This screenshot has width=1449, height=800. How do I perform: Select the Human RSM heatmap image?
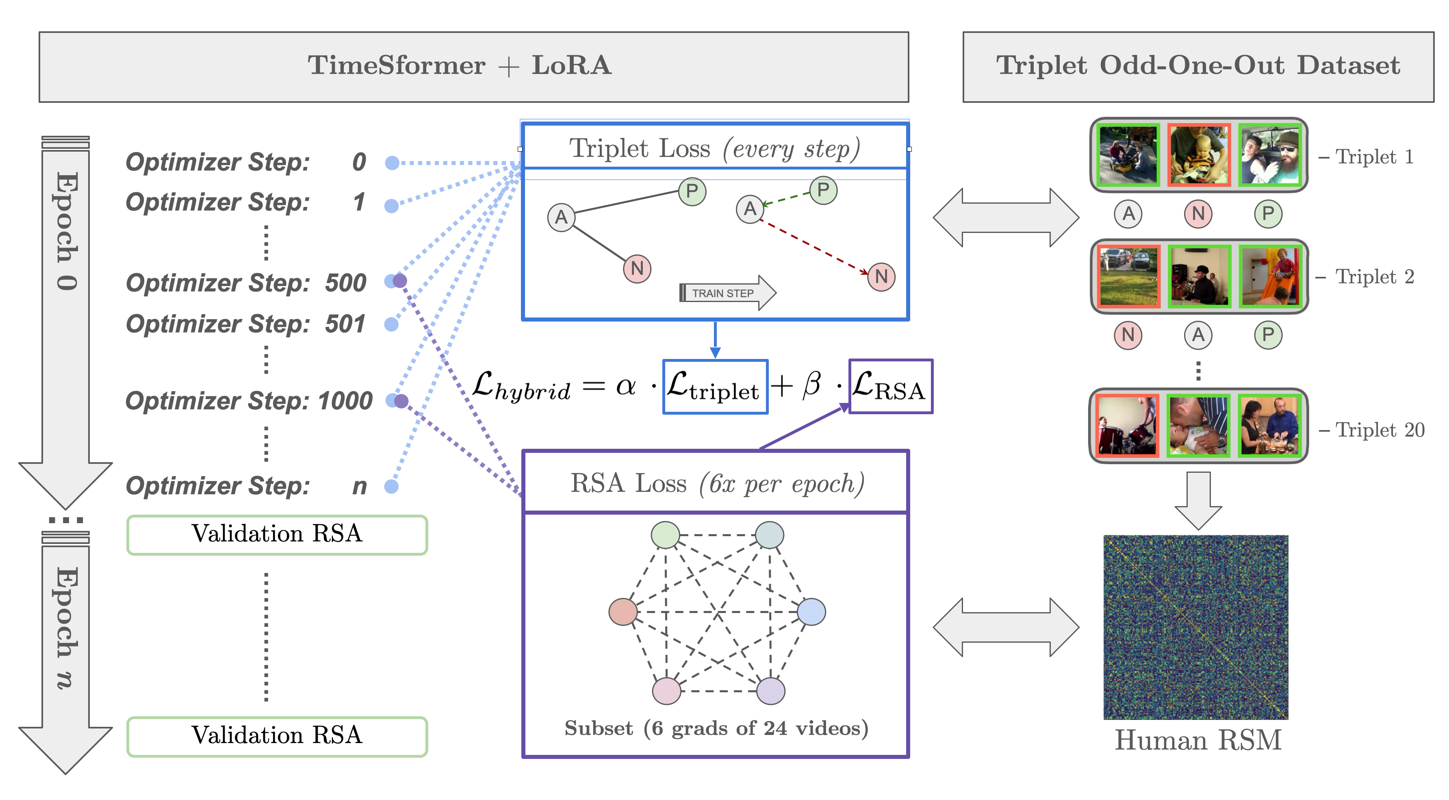coord(1195,627)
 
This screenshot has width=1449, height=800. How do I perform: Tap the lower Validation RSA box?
coord(277,736)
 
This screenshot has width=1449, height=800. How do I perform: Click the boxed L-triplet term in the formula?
coord(715,387)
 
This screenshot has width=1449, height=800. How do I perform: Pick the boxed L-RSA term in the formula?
coord(890,387)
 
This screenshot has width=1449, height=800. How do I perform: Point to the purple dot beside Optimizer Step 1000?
coord(401,401)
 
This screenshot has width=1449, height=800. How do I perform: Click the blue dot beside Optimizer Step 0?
coord(392,163)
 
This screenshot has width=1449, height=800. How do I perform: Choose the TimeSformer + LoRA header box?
coord(474,66)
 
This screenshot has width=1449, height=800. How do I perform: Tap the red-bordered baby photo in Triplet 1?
coord(1199,155)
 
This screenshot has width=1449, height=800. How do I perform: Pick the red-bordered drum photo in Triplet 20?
coord(1127,425)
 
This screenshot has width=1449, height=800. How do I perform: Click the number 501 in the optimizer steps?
coord(345,324)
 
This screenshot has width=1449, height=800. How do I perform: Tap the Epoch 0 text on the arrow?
coord(66,230)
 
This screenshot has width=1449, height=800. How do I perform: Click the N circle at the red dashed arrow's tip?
coord(881,277)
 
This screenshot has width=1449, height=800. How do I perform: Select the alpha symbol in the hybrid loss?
coord(625,387)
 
